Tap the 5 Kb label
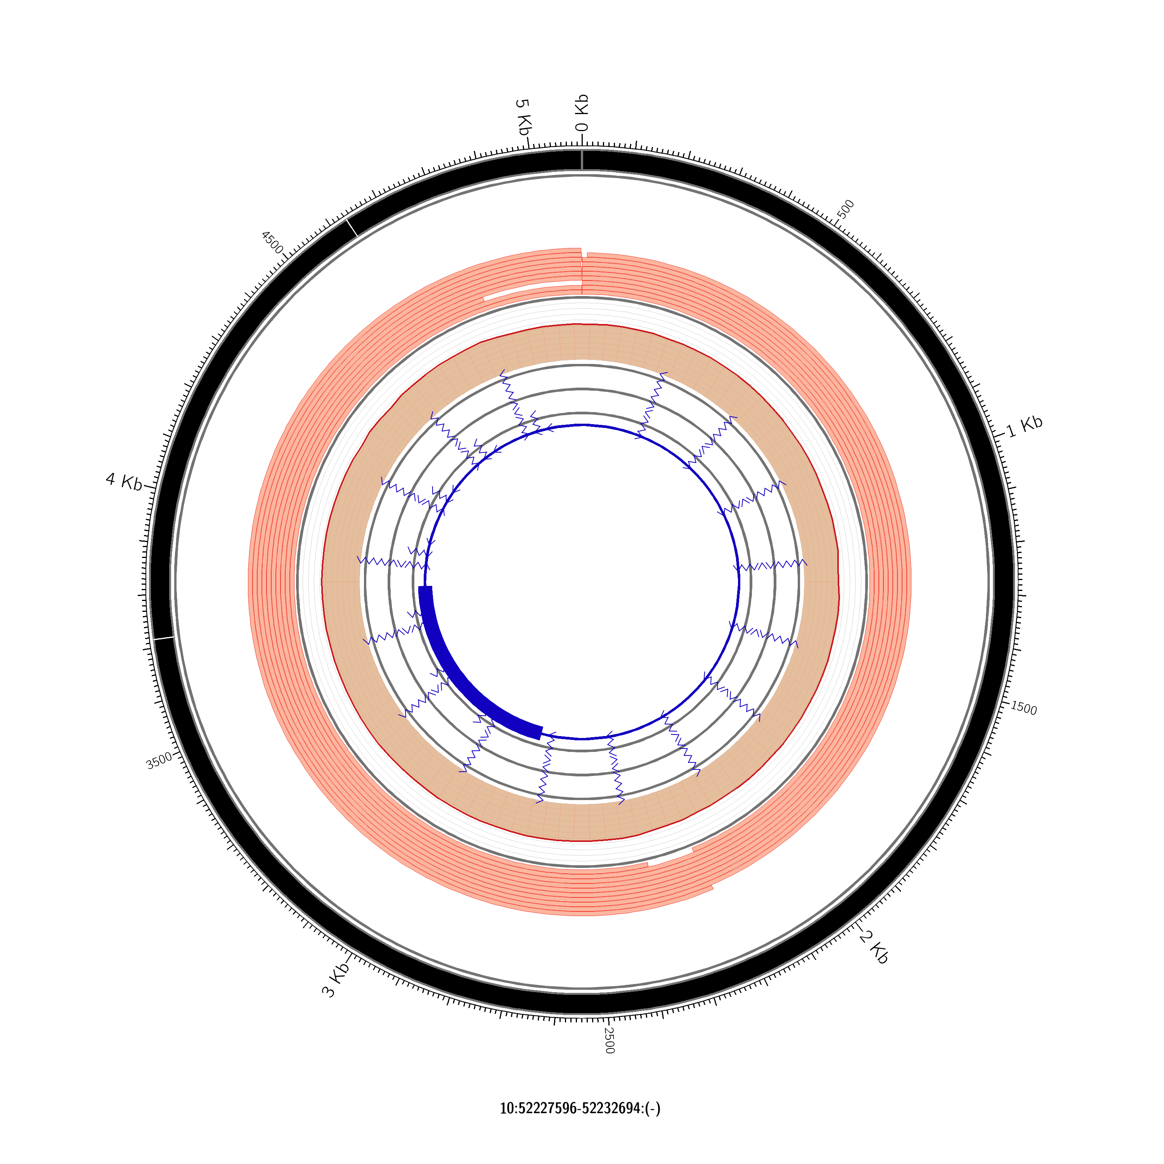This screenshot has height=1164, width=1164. click(x=523, y=117)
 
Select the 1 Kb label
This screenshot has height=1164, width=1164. click(x=1024, y=426)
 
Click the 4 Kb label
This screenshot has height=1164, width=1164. click(x=123, y=482)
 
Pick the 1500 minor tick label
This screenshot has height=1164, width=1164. click(x=1024, y=708)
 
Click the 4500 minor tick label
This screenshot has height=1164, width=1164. click(x=272, y=242)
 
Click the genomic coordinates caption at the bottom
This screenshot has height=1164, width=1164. click(x=580, y=1108)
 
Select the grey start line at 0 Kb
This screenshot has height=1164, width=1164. click(x=582, y=160)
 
